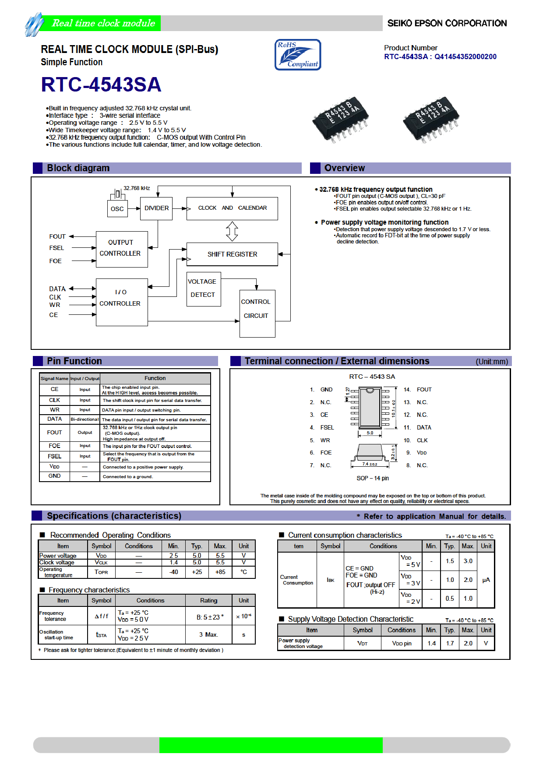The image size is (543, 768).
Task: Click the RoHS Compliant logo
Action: [298, 55]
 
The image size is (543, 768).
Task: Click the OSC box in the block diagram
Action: [117, 209]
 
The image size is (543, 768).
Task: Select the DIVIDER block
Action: [156, 208]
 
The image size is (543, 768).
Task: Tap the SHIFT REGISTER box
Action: [232, 254]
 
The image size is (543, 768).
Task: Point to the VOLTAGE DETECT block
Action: [203, 289]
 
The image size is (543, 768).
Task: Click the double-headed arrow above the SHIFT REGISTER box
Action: [232, 231]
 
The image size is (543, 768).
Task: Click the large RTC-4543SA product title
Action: [101, 85]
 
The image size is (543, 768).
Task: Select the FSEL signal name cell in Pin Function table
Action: [55, 456]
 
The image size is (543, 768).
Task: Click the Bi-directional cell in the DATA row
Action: [85, 419]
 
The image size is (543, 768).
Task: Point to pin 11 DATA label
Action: [423, 427]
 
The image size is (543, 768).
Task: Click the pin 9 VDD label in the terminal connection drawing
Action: [421, 453]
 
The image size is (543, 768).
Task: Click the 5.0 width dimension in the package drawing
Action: [370, 433]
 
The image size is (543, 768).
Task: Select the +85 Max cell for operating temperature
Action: [220, 572]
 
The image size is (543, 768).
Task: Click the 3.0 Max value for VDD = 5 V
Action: [468, 561]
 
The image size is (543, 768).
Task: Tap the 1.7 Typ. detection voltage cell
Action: [450, 643]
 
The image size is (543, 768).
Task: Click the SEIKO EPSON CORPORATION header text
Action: [447, 23]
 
